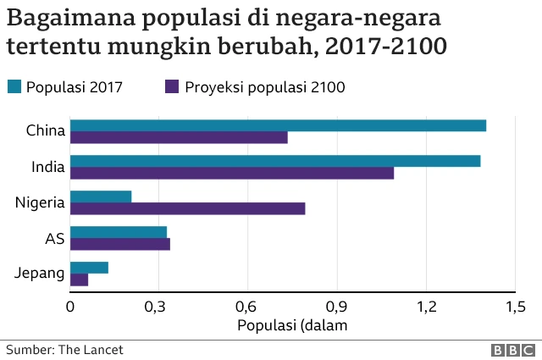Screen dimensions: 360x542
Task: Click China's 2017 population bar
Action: click(x=278, y=125)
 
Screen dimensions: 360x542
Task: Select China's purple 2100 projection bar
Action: click(x=179, y=138)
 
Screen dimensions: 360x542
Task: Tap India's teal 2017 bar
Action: click(x=275, y=161)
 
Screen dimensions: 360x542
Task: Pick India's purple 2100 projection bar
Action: click(x=232, y=174)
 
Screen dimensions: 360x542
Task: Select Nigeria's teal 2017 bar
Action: click(x=101, y=197)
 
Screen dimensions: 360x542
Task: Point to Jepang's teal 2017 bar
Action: click(x=89, y=268)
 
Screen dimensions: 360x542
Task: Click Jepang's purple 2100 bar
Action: click(x=79, y=280)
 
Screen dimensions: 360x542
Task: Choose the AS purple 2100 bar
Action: click(x=119, y=245)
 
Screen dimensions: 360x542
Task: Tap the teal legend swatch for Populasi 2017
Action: click(x=14, y=86)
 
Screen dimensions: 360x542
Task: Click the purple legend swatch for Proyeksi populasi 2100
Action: click(x=171, y=86)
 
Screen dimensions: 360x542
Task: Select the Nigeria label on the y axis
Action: click(x=40, y=202)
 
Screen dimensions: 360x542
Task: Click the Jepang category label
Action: click(x=40, y=274)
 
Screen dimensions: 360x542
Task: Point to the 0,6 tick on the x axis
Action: click(x=247, y=306)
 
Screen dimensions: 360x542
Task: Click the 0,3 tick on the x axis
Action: click(x=158, y=306)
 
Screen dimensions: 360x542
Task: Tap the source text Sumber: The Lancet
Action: click(x=58, y=349)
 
